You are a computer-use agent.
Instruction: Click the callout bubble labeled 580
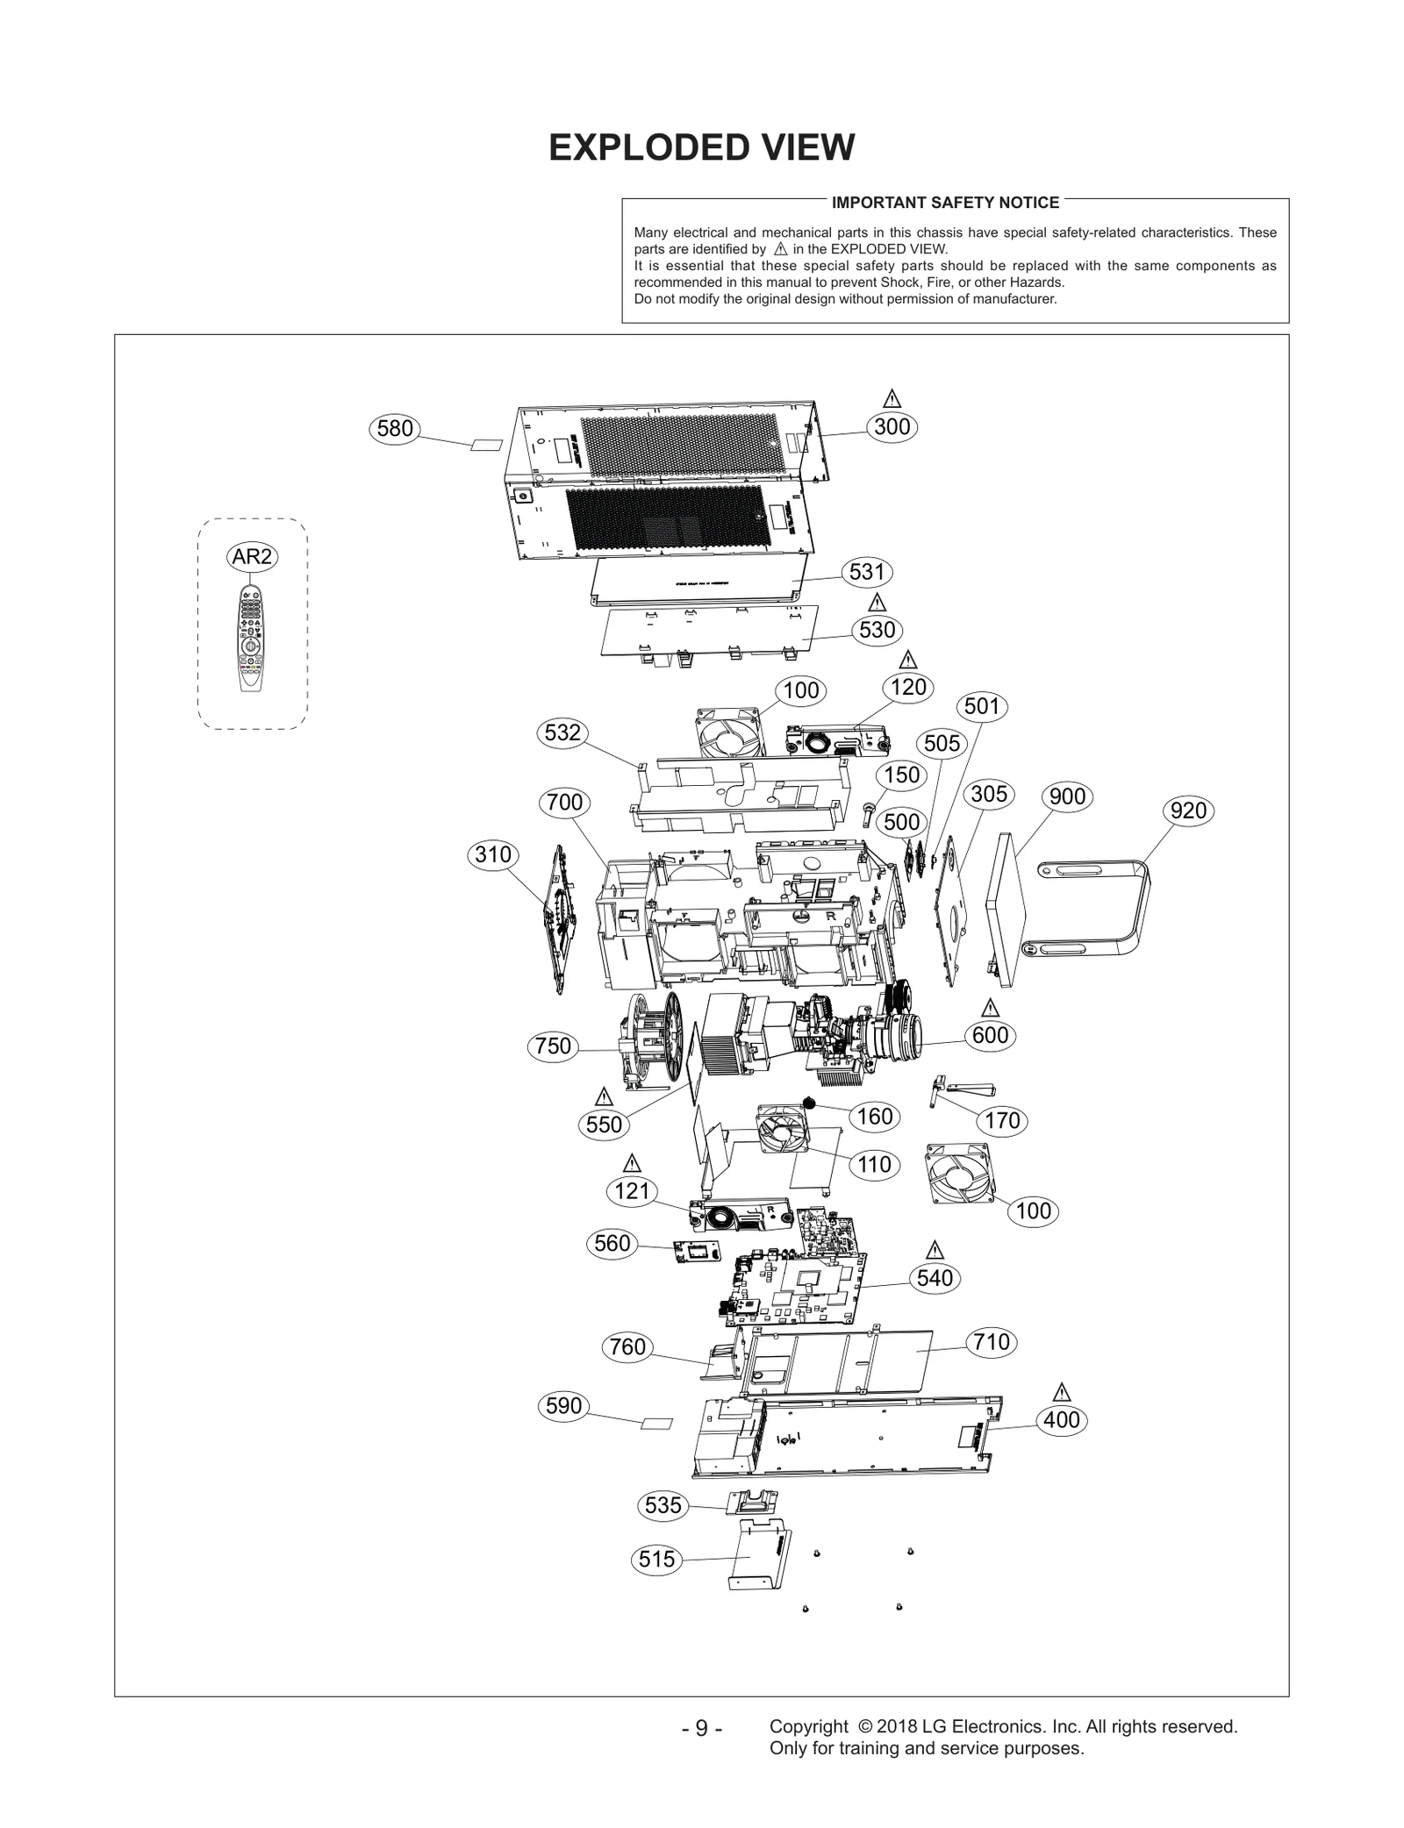[394, 429]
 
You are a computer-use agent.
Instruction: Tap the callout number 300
[892, 427]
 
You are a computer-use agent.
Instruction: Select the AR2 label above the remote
[253, 556]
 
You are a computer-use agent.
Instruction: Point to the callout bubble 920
[1188, 810]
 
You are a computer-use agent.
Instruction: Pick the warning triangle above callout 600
[991, 1006]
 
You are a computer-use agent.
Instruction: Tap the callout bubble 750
[553, 1046]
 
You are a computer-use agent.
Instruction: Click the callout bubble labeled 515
[656, 1559]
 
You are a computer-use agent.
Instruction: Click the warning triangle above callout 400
[1062, 1392]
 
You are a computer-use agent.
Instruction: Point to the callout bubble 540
[935, 1278]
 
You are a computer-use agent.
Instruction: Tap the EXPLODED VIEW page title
[701, 147]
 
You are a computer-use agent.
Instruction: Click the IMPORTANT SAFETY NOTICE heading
[945, 203]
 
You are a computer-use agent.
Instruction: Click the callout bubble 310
[492, 854]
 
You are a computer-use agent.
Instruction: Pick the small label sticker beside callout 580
[487, 446]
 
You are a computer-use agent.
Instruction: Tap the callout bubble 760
[627, 1346]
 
